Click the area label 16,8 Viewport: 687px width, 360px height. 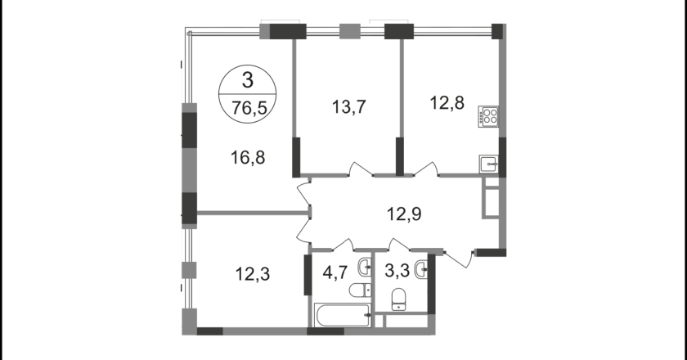(248, 157)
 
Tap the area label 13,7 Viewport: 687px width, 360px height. (348, 107)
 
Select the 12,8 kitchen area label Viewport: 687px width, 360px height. (447, 103)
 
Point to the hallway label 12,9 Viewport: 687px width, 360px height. (404, 214)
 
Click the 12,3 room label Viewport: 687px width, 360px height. (253, 274)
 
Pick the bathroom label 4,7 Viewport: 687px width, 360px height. (335, 272)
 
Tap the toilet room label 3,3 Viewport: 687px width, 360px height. (397, 271)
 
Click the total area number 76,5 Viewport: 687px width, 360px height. (249, 108)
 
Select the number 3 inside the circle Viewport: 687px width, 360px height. (248, 81)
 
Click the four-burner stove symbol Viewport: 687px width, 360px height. (488, 116)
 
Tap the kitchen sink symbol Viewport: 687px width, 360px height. (488, 165)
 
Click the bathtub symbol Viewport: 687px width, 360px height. (343, 315)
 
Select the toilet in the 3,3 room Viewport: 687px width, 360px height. (398, 299)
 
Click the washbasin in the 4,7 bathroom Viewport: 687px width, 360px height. (365, 268)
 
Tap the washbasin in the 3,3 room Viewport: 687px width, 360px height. (421, 268)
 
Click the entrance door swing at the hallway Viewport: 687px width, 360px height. (459, 259)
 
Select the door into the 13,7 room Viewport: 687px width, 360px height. (361, 169)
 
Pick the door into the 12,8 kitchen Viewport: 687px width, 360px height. (426, 169)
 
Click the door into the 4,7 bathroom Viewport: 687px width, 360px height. (343, 245)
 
